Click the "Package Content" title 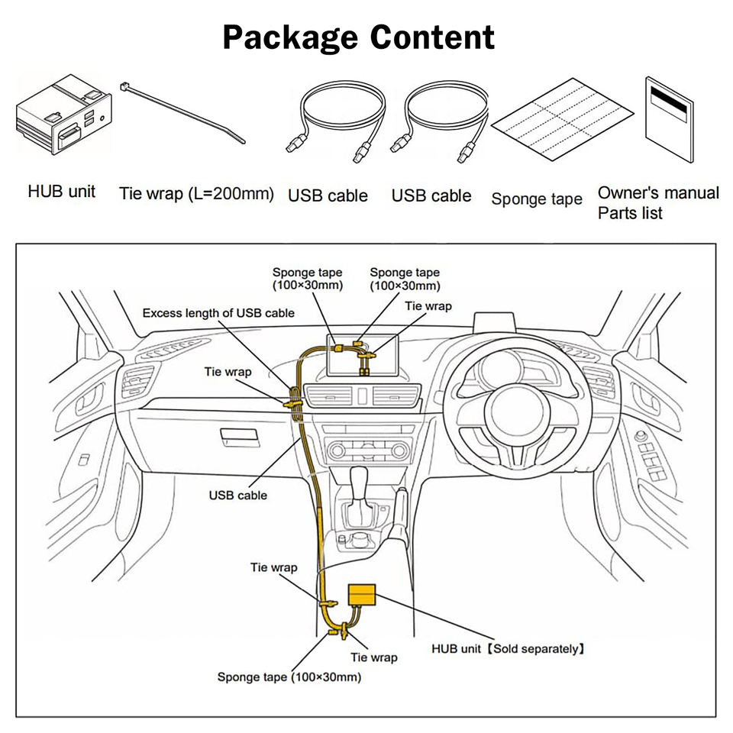(x=359, y=37)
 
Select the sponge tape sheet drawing (x=563, y=119)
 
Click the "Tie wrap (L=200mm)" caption (x=196, y=194)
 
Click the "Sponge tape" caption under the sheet (x=537, y=199)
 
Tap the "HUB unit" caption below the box (x=62, y=192)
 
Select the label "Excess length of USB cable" (x=218, y=313)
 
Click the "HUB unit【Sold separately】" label (x=509, y=649)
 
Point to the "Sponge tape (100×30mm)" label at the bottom (x=289, y=677)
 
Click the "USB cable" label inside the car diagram (x=238, y=496)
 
